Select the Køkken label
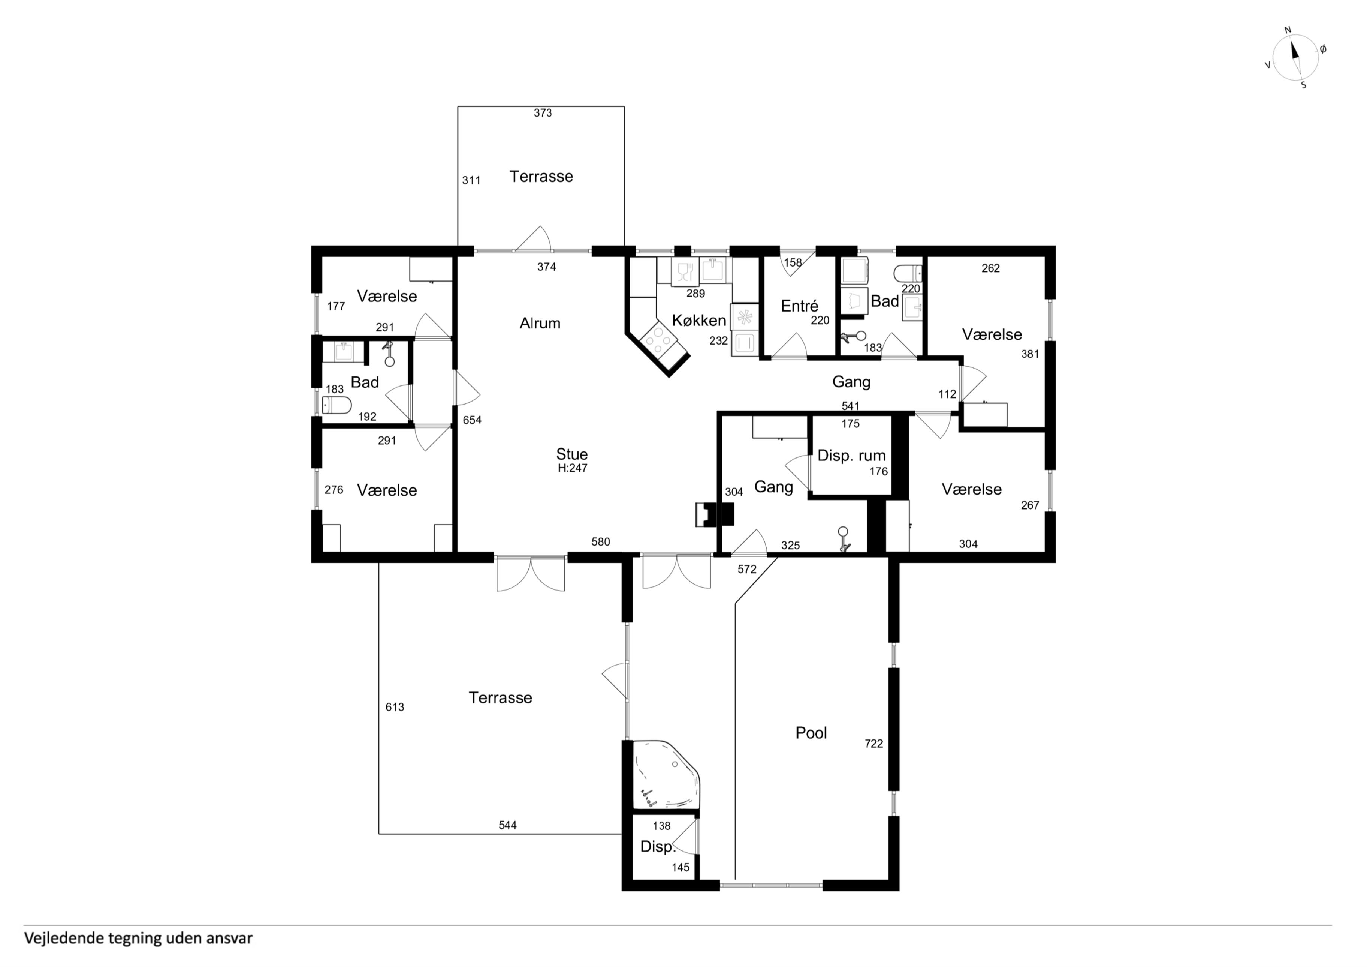[699, 321]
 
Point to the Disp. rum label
[851, 456]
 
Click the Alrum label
[540, 324]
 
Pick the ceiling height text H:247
[572, 468]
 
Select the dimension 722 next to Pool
[873, 744]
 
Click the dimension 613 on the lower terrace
[395, 707]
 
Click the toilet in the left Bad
[337, 405]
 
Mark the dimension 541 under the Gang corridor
[850, 406]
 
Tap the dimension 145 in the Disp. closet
[681, 868]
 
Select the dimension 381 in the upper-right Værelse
[1030, 354]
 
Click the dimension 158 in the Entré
[793, 262]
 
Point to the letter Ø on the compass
[1323, 49]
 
